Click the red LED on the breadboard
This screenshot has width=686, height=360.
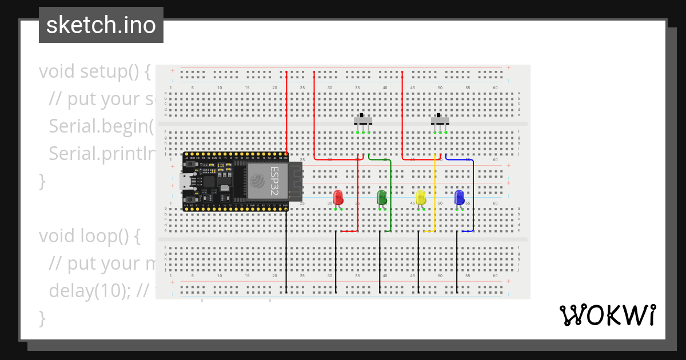click(338, 198)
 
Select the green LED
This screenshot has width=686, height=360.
click(382, 198)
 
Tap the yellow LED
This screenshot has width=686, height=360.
click(421, 198)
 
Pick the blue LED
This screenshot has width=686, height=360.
click(459, 198)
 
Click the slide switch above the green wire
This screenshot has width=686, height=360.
click(363, 121)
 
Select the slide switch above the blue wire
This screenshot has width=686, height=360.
click(440, 121)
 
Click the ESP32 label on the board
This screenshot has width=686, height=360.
click(275, 181)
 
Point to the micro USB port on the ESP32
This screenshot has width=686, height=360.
click(186, 182)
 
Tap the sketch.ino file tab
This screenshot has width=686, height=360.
click(101, 25)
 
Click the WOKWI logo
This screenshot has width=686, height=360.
click(608, 315)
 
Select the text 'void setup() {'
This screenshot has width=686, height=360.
click(94, 72)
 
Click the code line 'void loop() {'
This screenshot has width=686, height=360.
click(89, 236)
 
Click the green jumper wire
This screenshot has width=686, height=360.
click(390, 194)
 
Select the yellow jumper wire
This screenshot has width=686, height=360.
click(434, 194)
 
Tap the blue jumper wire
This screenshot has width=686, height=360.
click(473, 194)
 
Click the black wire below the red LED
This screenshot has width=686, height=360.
click(336, 263)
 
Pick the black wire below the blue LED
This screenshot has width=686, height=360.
click(457, 263)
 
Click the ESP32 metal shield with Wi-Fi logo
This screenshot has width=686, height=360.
click(266, 181)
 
